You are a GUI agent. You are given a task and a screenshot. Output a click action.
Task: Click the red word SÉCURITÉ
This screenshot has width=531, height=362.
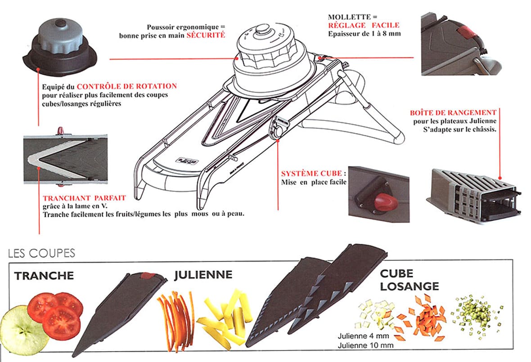pos(206,35)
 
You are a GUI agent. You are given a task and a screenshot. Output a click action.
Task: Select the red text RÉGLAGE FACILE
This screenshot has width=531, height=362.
pos(364,25)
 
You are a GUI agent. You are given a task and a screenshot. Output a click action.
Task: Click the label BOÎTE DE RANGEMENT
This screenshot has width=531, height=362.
pos(453,112)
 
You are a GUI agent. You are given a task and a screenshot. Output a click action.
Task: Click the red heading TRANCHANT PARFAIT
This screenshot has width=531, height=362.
pos(84,197)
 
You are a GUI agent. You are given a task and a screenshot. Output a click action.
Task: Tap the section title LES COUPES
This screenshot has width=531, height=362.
pos(41,253)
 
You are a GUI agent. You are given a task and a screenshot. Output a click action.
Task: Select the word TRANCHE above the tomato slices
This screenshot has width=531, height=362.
pos(44,275)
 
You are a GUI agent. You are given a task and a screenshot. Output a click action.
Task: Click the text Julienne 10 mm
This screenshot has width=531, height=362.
pos(365,345)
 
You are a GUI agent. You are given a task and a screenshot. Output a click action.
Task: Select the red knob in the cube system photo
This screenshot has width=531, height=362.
pos(386,201)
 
